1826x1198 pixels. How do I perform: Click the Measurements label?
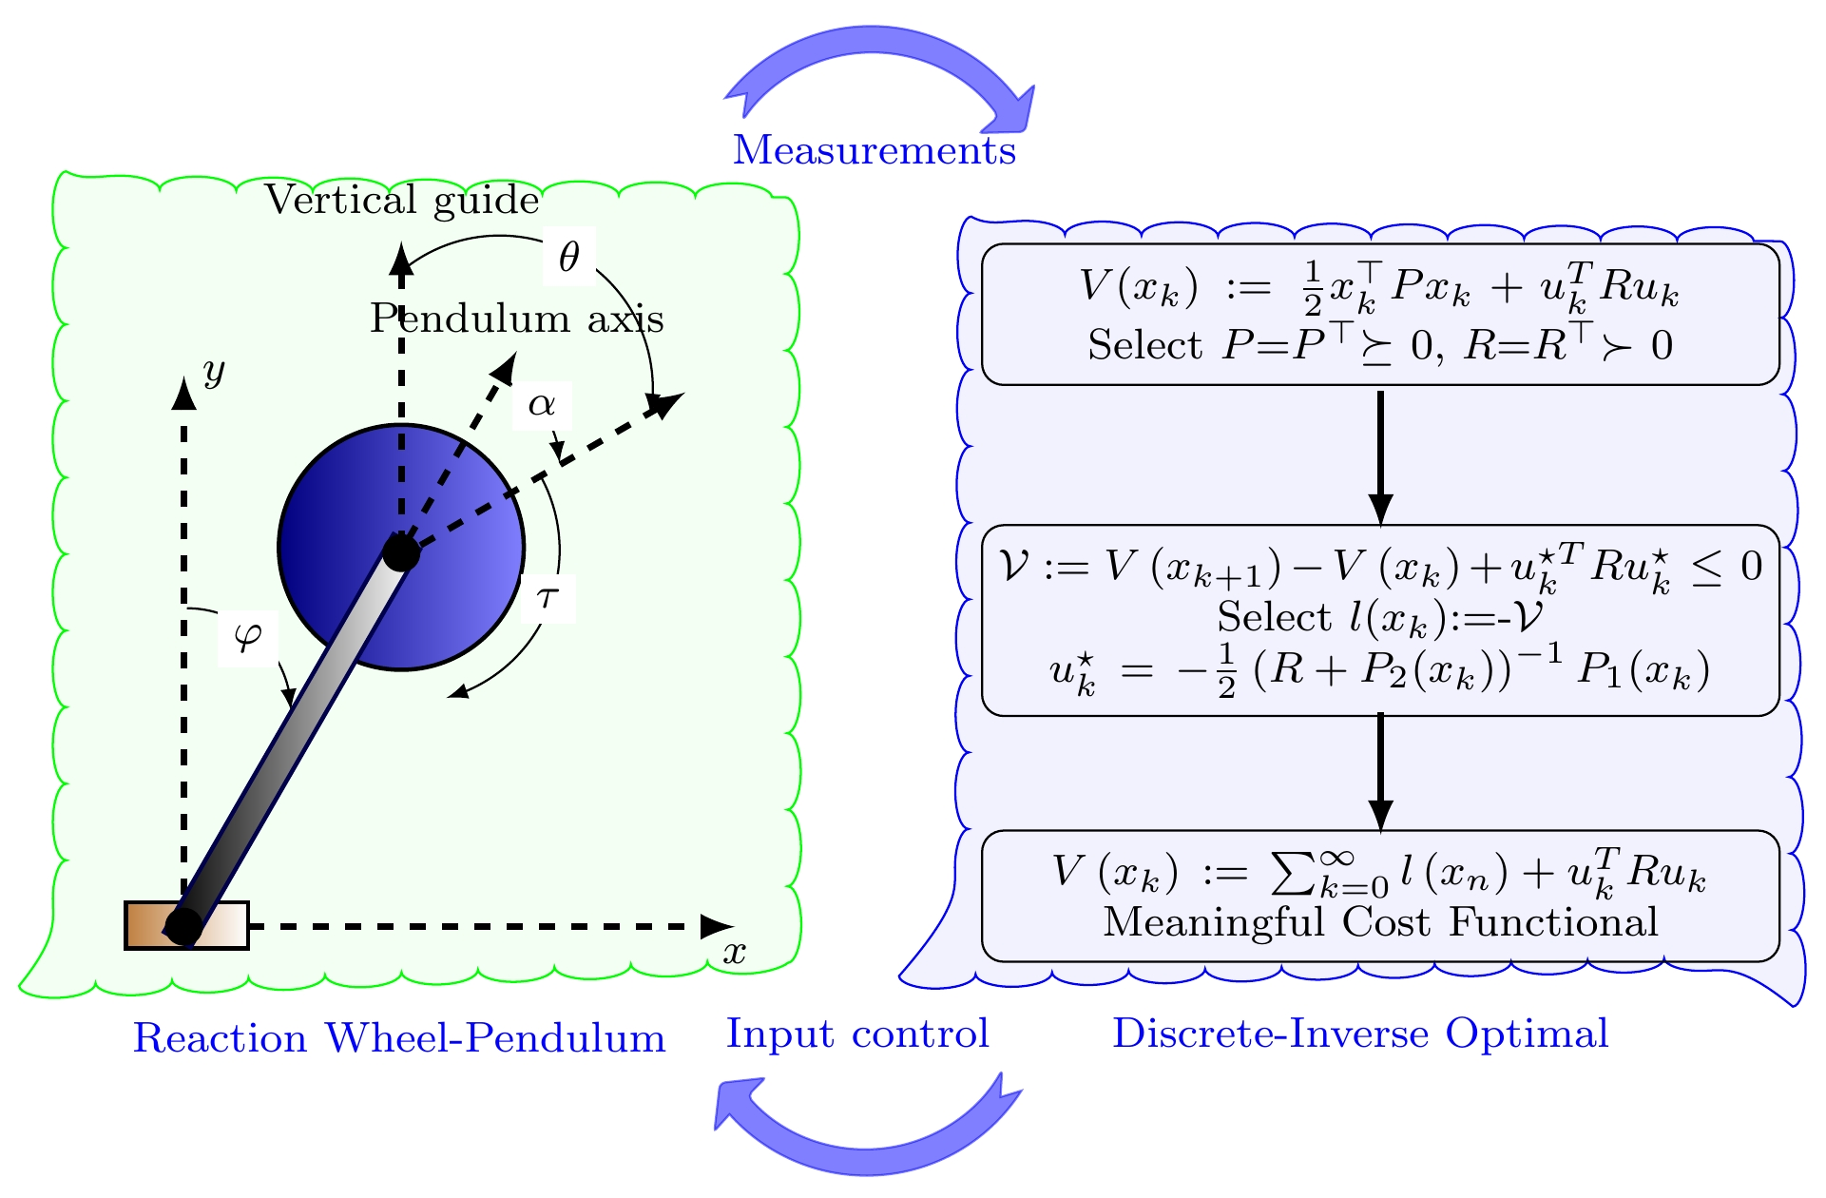click(874, 150)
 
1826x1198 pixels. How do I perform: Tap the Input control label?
click(857, 1034)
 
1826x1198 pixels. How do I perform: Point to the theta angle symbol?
click(568, 257)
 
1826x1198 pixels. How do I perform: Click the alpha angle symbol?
click(541, 405)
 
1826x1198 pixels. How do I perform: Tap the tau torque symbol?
click(548, 598)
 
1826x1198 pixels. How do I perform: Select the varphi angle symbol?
click(247, 635)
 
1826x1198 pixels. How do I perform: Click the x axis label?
click(734, 952)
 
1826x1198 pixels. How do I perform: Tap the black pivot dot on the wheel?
click(401, 551)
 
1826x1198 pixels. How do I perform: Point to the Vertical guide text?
click(401, 200)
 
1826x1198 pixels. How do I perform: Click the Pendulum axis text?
click(516, 319)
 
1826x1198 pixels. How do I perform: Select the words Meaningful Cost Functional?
click(1379, 922)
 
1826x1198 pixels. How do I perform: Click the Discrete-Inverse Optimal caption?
click(1360, 1034)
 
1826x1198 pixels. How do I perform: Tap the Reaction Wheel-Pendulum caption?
click(399, 1037)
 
